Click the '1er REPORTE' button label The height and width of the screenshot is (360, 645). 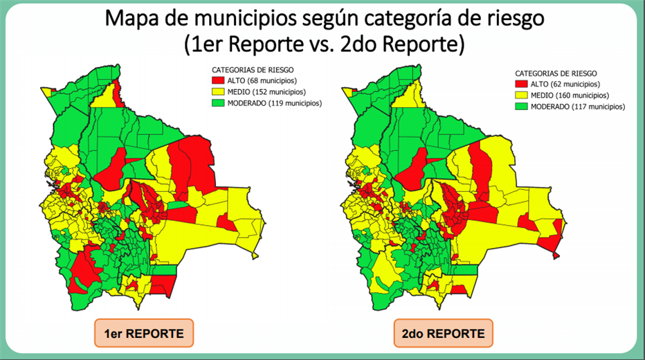(143, 334)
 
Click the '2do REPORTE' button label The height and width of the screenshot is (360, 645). (444, 334)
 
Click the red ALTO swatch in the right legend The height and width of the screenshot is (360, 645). (521, 84)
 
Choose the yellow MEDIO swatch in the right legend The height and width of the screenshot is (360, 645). (521, 95)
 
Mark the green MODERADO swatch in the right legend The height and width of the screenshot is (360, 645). (521, 107)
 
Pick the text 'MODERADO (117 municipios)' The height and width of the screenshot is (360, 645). (577, 107)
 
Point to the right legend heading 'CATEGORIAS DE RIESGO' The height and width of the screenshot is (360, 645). (556, 73)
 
